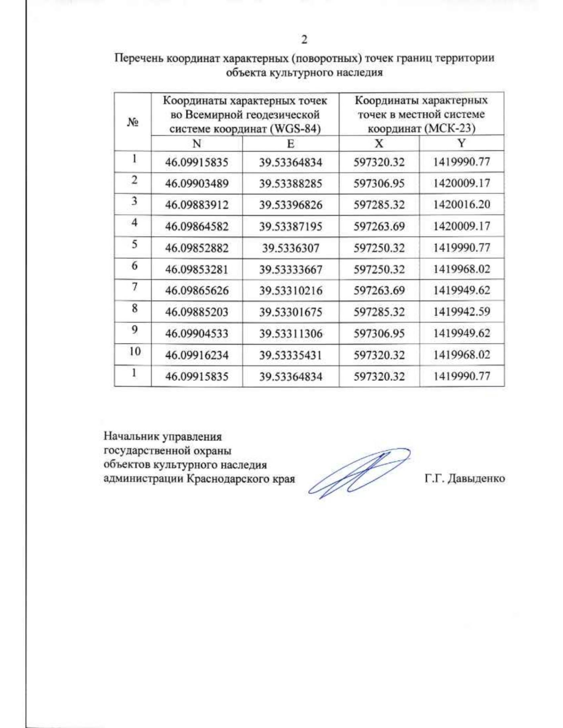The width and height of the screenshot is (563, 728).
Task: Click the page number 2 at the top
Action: click(x=304, y=40)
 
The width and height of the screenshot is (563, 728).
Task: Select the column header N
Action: click(x=197, y=143)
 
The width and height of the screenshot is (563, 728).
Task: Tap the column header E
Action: click(x=290, y=143)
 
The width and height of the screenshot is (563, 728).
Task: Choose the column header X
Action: click(x=379, y=143)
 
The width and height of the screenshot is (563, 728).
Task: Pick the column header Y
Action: click(x=462, y=143)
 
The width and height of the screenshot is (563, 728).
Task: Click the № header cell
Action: click(x=133, y=122)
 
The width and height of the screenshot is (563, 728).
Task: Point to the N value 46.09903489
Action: click(x=197, y=183)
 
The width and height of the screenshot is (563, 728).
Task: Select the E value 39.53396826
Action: click(x=290, y=205)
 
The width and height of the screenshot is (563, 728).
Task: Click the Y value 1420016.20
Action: click(x=462, y=204)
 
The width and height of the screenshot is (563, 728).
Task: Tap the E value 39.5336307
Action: click(x=290, y=248)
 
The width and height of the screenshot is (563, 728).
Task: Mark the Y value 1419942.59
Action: click(x=462, y=312)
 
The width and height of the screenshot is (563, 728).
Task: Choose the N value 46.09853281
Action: click(x=197, y=270)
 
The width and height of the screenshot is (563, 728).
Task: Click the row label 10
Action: click(x=135, y=351)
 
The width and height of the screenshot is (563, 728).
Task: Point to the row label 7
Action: click(x=135, y=286)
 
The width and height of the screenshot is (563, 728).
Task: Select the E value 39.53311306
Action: click(x=290, y=334)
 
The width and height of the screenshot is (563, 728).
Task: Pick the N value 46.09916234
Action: click(x=197, y=355)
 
